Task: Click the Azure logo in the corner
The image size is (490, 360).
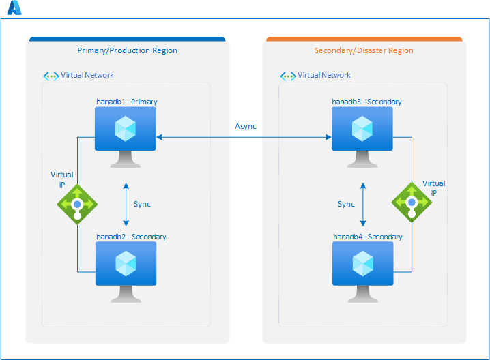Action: click(x=14, y=8)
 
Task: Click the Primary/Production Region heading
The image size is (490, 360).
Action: click(x=127, y=50)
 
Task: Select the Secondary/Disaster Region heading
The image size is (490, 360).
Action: click(x=364, y=50)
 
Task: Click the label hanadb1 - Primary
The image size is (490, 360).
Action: click(x=127, y=102)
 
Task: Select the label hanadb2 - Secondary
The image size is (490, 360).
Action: click(x=131, y=237)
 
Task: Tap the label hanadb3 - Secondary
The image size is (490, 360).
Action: click(x=366, y=102)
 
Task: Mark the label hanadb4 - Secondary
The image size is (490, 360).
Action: click(x=367, y=237)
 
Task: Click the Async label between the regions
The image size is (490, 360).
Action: click(x=246, y=126)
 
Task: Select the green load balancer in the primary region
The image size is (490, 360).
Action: click(x=77, y=204)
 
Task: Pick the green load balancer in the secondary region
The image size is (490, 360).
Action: click(x=411, y=202)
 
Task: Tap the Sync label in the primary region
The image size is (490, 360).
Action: click(x=142, y=204)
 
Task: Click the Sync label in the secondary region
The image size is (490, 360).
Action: click(x=346, y=204)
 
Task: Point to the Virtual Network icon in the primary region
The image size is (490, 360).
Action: click(x=51, y=76)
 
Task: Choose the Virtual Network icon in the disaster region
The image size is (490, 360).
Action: click(x=288, y=76)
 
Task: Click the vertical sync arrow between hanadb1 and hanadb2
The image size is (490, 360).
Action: click(x=126, y=204)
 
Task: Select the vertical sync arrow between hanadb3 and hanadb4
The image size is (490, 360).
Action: click(x=362, y=204)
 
